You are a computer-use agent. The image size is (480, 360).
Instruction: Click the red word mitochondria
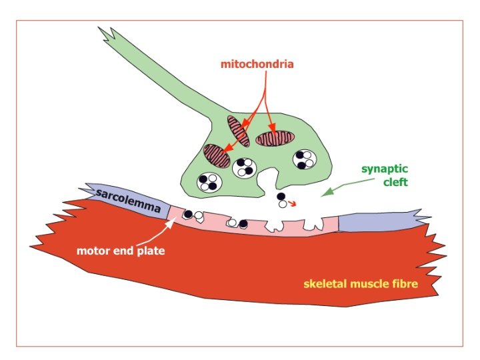(257, 65)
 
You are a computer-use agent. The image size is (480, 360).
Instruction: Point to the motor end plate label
(120, 251)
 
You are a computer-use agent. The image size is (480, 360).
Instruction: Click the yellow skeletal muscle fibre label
(361, 283)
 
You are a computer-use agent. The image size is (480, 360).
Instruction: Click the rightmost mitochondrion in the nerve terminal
(275, 138)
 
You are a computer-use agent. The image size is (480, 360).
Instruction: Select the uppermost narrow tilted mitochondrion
(238, 130)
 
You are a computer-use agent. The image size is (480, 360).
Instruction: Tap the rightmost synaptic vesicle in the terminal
(307, 159)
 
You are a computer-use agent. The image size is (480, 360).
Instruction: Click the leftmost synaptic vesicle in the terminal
(209, 181)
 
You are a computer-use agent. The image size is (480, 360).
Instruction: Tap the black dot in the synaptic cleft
(281, 197)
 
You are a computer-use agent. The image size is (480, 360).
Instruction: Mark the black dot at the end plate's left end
(188, 213)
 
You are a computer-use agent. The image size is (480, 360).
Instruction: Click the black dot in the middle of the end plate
(243, 223)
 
